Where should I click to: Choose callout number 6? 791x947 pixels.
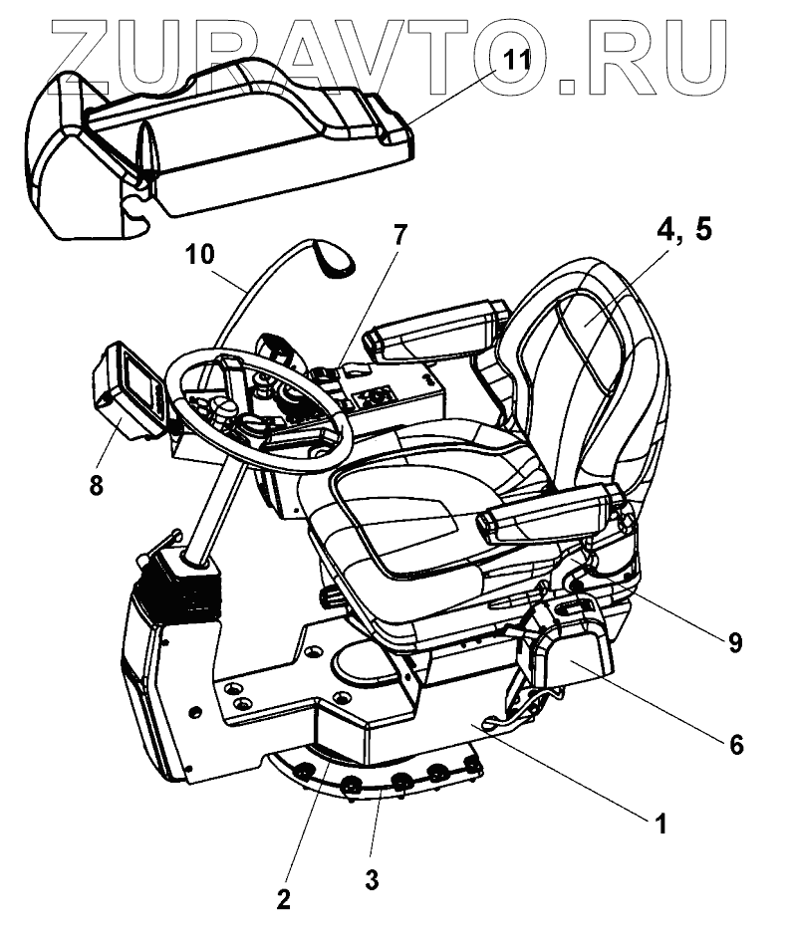tap(735, 743)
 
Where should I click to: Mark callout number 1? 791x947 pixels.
tap(657, 825)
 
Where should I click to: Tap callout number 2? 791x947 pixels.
tap(284, 899)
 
